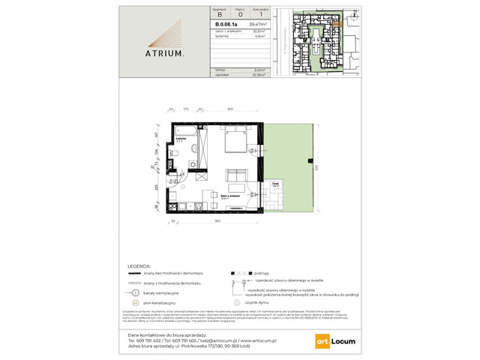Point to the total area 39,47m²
coord(259,25)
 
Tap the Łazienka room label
coord(181,139)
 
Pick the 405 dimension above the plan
coord(230,109)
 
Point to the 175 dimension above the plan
coord(185,109)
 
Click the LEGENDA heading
coord(141,266)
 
